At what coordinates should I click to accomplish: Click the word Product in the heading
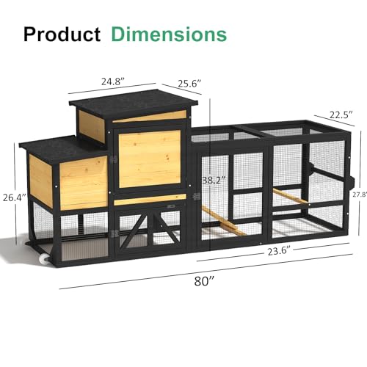tap(62, 34)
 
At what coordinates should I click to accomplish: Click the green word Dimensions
tap(169, 34)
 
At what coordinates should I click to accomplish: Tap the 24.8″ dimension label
tap(113, 81)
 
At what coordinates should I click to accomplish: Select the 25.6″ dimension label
tap(189, 84)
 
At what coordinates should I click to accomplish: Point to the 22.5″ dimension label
tap(341, 115)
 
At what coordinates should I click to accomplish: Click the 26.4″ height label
tap(15, 197)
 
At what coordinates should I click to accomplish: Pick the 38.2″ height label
tap(214, 180)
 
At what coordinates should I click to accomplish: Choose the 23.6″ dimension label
tap(279, 251)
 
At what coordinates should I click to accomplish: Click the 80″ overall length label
tap(204, 281)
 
